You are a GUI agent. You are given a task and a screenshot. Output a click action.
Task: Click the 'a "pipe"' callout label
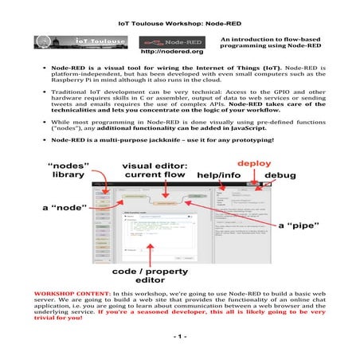pyautogui.click(x=299, y=225)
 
